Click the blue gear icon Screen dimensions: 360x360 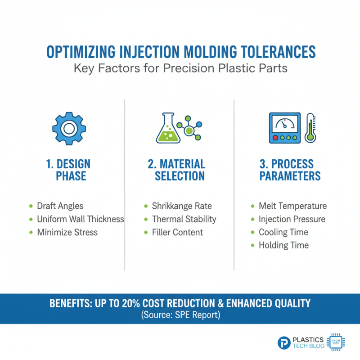(x=69, y=128)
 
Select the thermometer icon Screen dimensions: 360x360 (x=310, y=128)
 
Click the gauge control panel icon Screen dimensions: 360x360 (x=285, y=128)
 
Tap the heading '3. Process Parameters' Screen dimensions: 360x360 (x=290, y=170)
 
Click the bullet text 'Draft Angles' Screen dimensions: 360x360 (x=61, y=206)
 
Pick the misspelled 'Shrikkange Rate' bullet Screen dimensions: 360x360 (x=182, y=206)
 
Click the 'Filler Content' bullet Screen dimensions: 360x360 (x=177, y=232)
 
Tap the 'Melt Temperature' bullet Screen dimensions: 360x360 (x=292, y=206)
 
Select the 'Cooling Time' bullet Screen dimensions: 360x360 (x=283, y=232)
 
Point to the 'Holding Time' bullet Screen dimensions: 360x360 (x=283, y=245)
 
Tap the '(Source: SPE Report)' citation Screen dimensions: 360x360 (x=180, y=315)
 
